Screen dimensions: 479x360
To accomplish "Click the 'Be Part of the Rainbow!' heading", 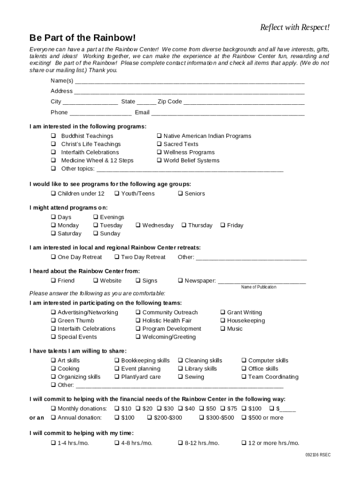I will pyautogui.click(x=83, y=37).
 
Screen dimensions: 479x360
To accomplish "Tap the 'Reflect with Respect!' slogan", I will pyautogui.click(x=295, y=28).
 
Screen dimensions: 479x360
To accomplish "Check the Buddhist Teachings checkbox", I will pyautogui.click(x=53, y=136).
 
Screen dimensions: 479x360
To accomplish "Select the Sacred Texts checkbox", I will pyautogui.click(x=159, y=144).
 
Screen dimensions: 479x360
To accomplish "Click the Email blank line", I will pyautogui.click(x=228, y=113).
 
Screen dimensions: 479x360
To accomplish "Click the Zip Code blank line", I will pyautogui.click(x=244, y=102).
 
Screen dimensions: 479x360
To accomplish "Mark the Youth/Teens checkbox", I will pyautogui.click(x=117, y=194).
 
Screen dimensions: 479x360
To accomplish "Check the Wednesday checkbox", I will pyautogui.click(x=138, y=225).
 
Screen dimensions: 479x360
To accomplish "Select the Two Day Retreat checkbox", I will pyautogui.click(x=117, y=257).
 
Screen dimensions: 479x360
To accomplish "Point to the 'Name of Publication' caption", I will pyautogui.click(x=259, y=287).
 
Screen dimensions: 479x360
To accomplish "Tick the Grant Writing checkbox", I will pyautogui.click(x=223, y=312).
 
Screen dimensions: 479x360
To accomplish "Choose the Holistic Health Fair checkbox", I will pyautogui.click(x=138, y=321).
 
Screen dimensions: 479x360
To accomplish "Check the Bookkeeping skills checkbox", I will pyautogui.click(x=117, y=361).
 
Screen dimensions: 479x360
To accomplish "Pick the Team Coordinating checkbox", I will pyautogui.click(x=244, y=377).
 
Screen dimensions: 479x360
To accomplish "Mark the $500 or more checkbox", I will pyautogui.click(x=244, y=418).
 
